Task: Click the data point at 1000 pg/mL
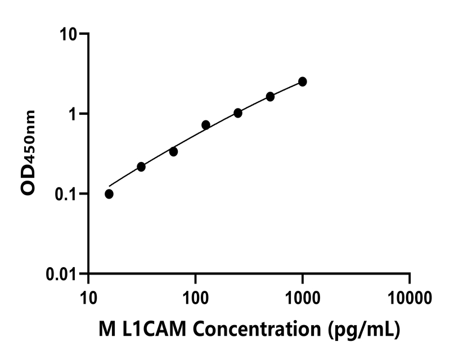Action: pyautogui.click(x=303, y=82)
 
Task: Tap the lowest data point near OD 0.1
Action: pyautogui.click(x=109, y=194)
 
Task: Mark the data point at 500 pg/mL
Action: pyautogui.click(x=271, y=97)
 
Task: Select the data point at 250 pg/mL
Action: pyautogui.click(x=238, y=113)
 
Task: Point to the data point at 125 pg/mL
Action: pyautogui.click(x=206, y=125)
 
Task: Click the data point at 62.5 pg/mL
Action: pyautogui.click(x=174, y=152)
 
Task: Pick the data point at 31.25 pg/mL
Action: pyautogui.click(x=141, y=167)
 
